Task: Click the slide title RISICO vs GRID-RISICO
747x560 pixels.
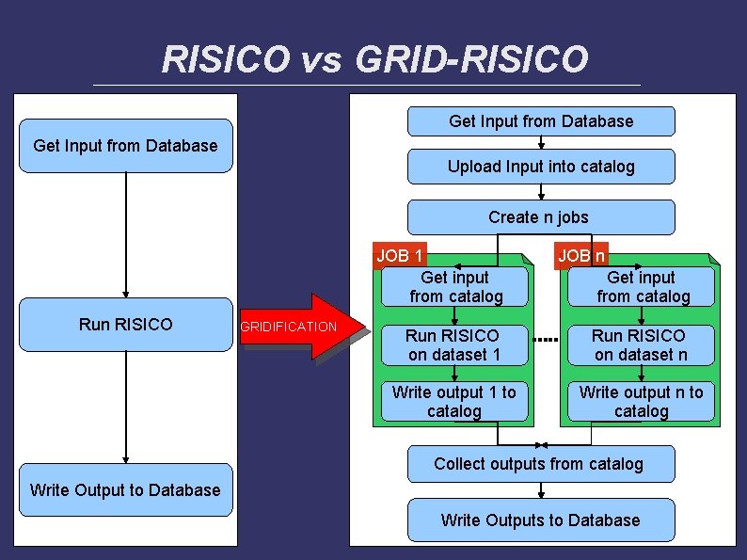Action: tap(374, 58)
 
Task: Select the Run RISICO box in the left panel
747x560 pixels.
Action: tap(126, 325)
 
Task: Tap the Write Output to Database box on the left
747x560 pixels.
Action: tap(125, 489)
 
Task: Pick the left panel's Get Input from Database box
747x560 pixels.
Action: tap(125, 146)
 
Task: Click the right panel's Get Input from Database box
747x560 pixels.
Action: tap(541, 121)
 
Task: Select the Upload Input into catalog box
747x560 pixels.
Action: tap(541, 167)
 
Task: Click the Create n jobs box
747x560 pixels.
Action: tap(541, 217)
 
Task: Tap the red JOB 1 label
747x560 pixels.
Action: tap(400, 255)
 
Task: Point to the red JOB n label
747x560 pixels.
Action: tap(581, 255)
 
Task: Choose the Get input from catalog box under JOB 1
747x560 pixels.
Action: tap(455, 287)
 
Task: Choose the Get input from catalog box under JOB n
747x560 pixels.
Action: tap(642, 287)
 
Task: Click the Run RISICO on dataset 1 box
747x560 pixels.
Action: tap(453, 344)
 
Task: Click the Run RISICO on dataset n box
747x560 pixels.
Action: tap(641, 344)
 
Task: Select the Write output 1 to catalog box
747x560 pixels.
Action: tap(453, 402)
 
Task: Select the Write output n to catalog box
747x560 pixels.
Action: tap(641, 402)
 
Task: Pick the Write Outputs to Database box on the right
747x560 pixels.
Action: tap(541, 520)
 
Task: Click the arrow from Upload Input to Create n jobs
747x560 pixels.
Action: tap(541, 192)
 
